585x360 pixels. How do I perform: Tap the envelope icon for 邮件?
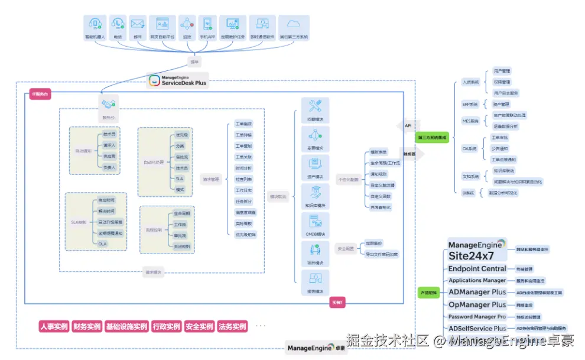point(137,24)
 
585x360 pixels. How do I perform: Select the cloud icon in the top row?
point(293,24)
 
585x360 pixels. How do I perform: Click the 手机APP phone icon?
point(207,24)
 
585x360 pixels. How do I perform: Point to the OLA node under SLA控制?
point(103,244)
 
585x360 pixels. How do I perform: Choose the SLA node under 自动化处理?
point(180,179)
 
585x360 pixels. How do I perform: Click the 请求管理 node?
point(210,180)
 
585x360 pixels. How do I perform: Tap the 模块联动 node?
point(278,196)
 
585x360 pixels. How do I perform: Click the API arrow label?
point(408,125)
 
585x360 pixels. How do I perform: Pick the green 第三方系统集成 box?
point(432,138)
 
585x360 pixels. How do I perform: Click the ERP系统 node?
point(470,104)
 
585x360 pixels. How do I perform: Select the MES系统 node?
point(470,121)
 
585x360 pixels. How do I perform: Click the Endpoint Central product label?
point(477,269)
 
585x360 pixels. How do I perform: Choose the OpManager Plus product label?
point(477,304)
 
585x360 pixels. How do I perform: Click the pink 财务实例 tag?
point(87,327)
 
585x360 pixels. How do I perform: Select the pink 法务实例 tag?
point(232,327)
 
